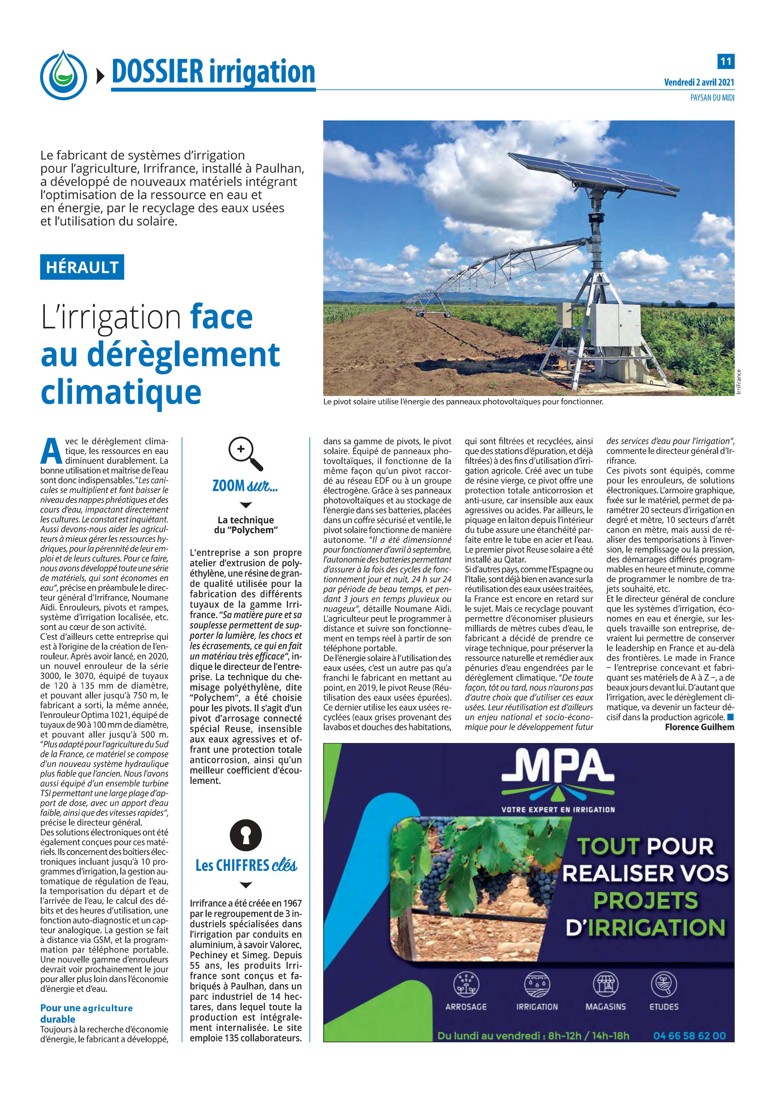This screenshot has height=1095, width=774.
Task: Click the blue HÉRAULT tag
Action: point(82,267)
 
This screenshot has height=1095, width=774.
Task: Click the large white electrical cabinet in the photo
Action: point(616,325)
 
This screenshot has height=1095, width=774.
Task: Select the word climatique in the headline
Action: point(121,392)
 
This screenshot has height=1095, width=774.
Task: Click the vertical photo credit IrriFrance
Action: point(738,382)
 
